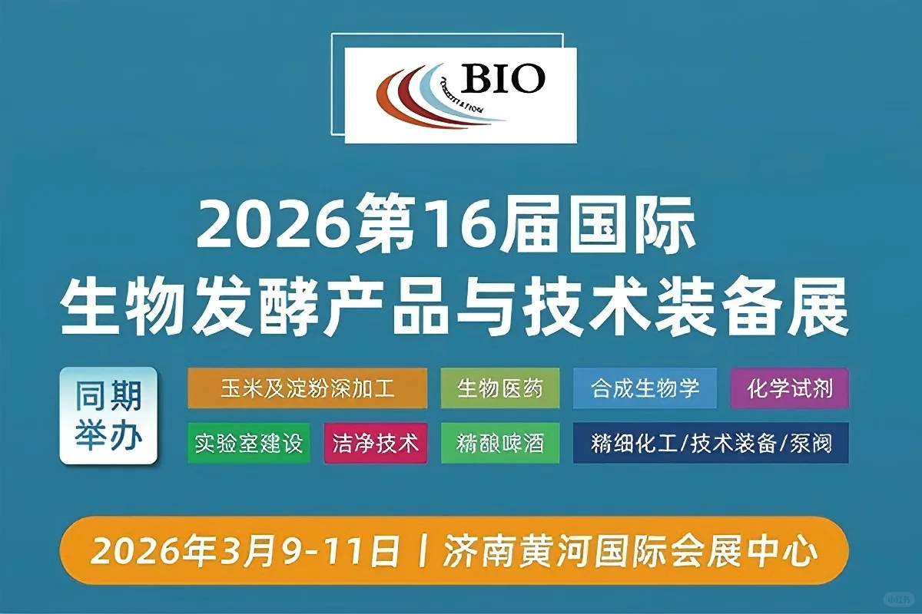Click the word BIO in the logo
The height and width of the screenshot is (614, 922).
pyautogui.click(x=503, y=78)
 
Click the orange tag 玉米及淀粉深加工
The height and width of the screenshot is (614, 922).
pyautogui.click(x=307, y=388)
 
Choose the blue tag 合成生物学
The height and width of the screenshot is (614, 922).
pyautogui.click(x=645, y=388)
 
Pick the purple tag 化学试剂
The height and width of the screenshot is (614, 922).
pyautogui.click(x=790, y=388)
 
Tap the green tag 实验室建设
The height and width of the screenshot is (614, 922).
pyautogui.click(x=249, y=444)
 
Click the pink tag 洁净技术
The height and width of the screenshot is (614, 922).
pyautogui.click(x=376, y=444)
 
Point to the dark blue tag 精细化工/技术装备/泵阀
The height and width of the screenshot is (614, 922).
pyautogui.click(x=711, y=444)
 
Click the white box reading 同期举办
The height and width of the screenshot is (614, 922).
pyautogui.click(x=108, y=416)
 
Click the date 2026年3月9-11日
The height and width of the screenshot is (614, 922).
pyautogui.click(x=246, y=550)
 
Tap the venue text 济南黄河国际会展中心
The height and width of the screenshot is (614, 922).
pyautogui.click(x=630, y=550)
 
